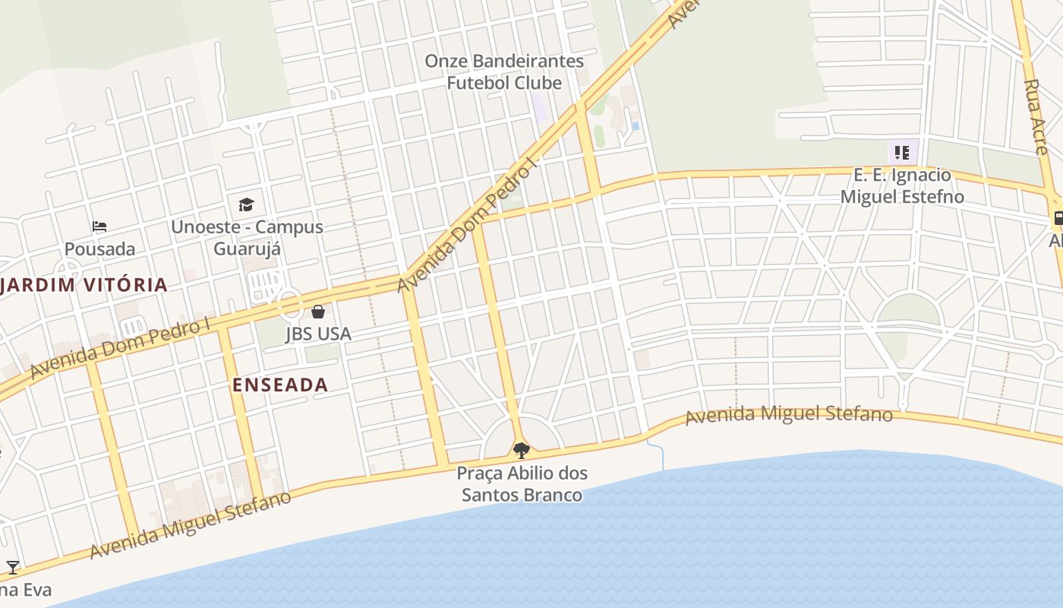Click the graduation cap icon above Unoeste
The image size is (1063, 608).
(x=246, y=204)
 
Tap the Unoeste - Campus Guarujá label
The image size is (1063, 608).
(x=247, y=238)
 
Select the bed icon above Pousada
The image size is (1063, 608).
(x=99, y=226)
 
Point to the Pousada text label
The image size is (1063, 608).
(x=99, y=249)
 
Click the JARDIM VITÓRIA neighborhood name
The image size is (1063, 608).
(x=84, y=285)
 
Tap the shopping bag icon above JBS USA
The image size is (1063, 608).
(x=318, y=312)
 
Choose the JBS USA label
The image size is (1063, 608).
(x=318, y=334)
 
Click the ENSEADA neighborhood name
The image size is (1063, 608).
(x=280, y=385)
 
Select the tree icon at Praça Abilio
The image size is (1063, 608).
(x=521, y=451)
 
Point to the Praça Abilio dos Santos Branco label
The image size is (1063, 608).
(x=522, y=484)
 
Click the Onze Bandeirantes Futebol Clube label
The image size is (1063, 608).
(x=504, y=71)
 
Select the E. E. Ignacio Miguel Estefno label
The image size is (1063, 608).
(x=902, y=185)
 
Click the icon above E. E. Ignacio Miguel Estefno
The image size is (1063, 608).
(x=902, y=153)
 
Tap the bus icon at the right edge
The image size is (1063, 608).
(x=1058, y=219)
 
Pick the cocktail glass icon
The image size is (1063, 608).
(x=13, y=567)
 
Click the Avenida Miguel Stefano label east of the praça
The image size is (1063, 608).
(x=789, y=416)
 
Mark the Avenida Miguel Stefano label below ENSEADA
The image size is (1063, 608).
(x=191, y=525)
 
